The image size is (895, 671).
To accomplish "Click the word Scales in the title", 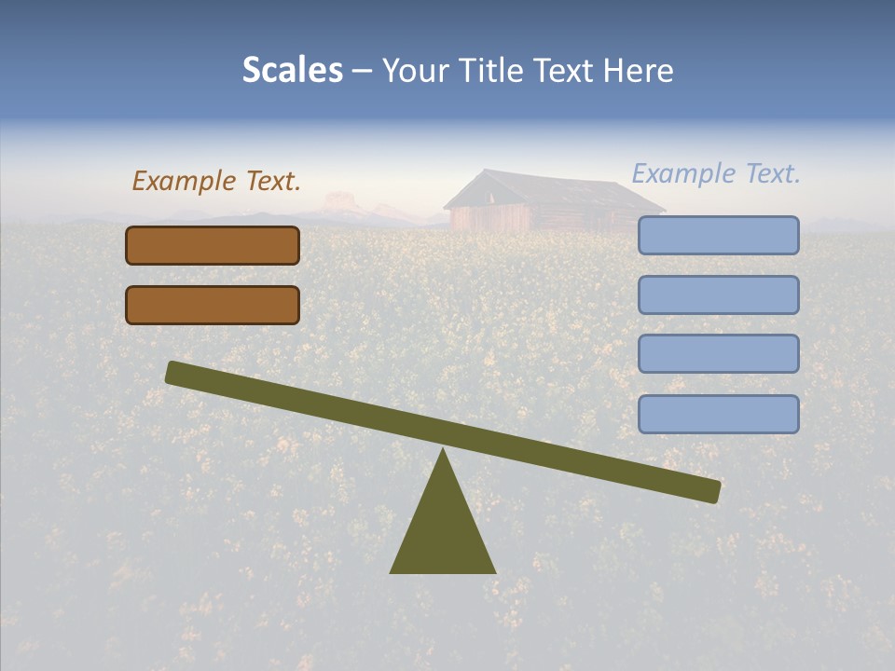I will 293,70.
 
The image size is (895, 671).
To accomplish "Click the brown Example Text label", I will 216,181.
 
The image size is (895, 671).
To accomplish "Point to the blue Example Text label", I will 716,173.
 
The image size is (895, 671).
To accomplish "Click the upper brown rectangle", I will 213,245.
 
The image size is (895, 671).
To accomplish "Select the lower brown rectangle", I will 213,305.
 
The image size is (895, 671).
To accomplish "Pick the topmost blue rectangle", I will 718,235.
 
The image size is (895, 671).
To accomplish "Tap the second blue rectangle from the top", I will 718,294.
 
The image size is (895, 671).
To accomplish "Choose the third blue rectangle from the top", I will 718,354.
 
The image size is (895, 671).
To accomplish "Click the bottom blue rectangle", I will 718,414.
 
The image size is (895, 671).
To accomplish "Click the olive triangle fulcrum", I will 443,531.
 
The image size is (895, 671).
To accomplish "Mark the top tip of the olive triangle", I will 443,452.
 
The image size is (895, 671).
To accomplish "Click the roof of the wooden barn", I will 550,189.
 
